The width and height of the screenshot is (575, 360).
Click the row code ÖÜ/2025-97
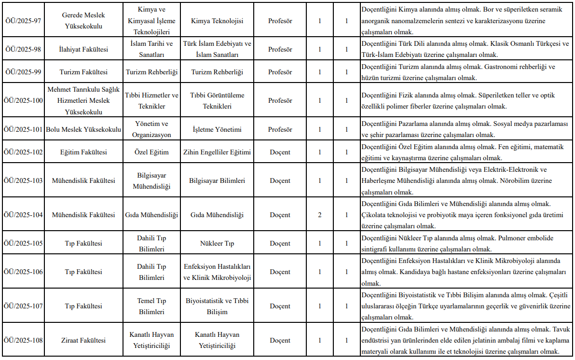[x=23, y=21]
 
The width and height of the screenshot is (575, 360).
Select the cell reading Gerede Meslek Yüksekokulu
[x=83, y=21]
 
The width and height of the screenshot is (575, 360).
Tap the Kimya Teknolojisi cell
[x=217, y=21]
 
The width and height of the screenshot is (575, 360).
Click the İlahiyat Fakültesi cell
[x=83, y=50]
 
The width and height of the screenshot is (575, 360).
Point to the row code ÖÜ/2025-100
[x=23, y=100]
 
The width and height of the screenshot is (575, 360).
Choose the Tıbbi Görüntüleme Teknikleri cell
[x=217, y=100]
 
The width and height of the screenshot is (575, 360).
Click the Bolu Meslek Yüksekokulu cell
[x=83, y=129]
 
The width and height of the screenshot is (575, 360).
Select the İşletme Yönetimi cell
[x=217, y=129]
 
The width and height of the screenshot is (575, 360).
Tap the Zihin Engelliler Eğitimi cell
[x=217, y=152]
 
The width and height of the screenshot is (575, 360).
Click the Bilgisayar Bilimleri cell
[x=217, y=180]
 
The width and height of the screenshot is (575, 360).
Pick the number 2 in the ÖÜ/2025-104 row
[x=320, y=215]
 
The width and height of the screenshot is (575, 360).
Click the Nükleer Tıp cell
[x=217, y=243]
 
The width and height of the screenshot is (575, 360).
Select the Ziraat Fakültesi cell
[x=83, y=340]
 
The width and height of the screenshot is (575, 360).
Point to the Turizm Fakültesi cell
[x=83, y=72]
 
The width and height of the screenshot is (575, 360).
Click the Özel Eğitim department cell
[x=151, y=152]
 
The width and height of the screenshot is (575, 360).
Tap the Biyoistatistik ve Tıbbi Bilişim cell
[x=217, y=306]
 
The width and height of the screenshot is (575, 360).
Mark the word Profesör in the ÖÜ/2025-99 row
[x=280, y=72]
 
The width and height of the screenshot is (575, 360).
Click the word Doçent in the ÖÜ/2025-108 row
[x=280, y=340]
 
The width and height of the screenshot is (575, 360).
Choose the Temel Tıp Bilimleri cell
[x=151, y=306]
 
